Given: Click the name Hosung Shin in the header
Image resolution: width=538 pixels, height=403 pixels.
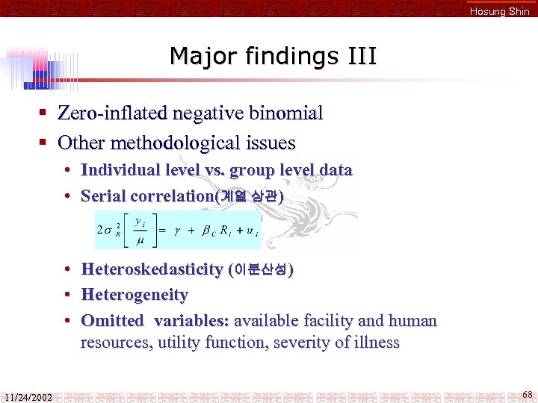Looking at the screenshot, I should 499,11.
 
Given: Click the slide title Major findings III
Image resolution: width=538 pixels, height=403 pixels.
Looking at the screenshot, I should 273,56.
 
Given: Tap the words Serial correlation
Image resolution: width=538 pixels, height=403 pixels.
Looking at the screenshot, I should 147,196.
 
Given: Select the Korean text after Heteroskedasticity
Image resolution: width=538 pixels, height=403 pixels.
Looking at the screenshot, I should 261,269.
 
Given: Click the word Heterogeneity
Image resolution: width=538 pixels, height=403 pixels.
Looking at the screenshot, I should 134,295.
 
